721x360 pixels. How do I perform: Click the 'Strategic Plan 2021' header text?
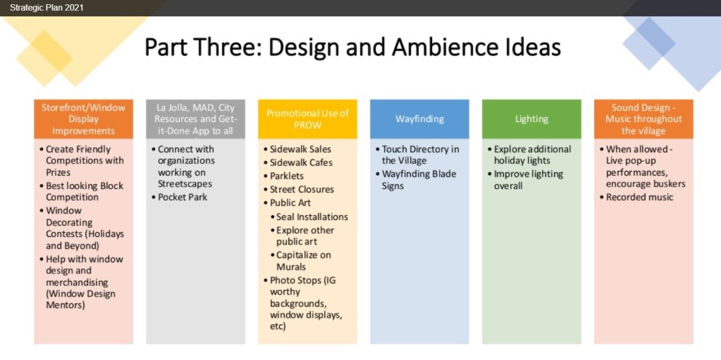point(47,8)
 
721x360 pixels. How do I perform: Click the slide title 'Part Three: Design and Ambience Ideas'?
point(353,47)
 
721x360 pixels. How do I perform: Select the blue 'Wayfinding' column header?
point(419,119)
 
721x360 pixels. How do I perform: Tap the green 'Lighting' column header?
point(531,119)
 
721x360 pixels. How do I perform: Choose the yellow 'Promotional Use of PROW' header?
point(308,119)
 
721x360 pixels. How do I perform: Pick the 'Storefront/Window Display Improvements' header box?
point(84,119)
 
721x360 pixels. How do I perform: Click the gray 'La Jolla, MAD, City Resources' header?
point(195,119)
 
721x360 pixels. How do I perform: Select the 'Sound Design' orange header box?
point(643,119)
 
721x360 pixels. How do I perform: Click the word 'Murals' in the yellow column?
point(291,267)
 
